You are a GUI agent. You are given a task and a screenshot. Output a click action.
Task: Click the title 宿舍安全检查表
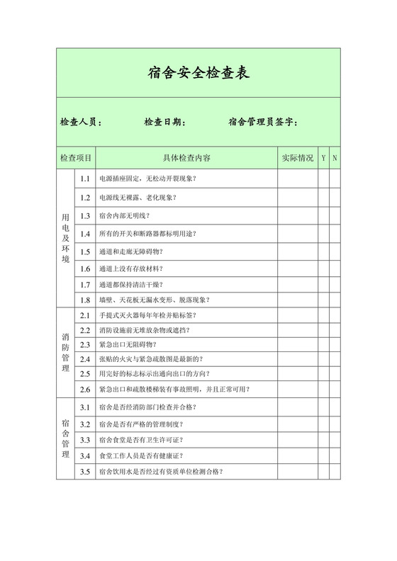click(x=198, y=72)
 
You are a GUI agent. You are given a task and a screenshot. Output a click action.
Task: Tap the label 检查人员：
click(x=81, y=123)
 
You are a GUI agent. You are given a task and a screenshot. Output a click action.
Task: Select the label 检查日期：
click(x=165, y=123)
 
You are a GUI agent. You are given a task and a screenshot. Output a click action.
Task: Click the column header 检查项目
click(x=76, y=157)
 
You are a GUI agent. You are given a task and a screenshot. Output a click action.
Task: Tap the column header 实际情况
click(x=297, y=157)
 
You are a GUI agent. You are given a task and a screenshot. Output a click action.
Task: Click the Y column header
click(x=323, y=157)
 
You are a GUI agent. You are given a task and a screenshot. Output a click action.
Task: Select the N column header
click(x=335, y=157)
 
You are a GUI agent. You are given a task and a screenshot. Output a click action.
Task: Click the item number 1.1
click(x=85, y=178)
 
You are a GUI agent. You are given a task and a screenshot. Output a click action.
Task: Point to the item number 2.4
click(x=85, y=358)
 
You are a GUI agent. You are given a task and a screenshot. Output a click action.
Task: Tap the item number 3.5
click(x=85, y=471)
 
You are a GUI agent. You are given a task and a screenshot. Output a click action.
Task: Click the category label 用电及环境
click(x=65, y=241)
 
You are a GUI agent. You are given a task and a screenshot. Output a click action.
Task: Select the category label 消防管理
click(x=65, y=352)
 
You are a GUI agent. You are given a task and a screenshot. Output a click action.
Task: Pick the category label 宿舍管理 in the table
click(x=65, y=439)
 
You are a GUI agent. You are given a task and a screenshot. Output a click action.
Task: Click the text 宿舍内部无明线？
click(x=124, y=215)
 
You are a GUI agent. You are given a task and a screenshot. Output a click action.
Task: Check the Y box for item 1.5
click(x=323, y=251)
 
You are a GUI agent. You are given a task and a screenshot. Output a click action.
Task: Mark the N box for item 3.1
click(x=335, y=407)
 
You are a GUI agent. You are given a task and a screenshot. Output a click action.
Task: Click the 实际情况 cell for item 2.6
click(x=297, y=389)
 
